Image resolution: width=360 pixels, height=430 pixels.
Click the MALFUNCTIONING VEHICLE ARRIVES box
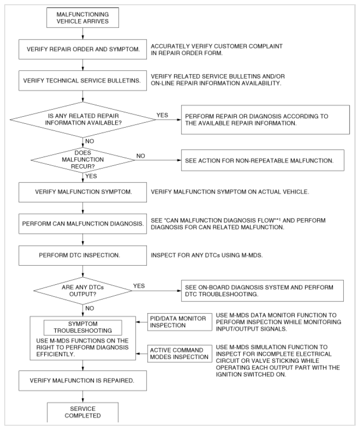point(82,18)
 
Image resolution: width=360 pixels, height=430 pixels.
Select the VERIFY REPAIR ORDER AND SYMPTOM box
point(82,50)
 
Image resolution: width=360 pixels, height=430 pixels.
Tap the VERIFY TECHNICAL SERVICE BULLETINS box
point(82,80)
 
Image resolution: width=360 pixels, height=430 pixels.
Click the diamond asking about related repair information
point(83,120)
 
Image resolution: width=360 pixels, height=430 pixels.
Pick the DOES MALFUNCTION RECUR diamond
point(83,160)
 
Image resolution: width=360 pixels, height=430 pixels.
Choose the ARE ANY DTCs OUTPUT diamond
point(82,290)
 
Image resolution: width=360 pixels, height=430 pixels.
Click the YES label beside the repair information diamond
point(162,115)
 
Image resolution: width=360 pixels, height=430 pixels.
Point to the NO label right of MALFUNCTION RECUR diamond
point(140,156)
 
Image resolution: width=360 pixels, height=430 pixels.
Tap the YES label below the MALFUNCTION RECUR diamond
point(91,176)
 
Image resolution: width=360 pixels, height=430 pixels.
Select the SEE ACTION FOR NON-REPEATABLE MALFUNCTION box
point(263,160)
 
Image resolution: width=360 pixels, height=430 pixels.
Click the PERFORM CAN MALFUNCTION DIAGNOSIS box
point(82,224)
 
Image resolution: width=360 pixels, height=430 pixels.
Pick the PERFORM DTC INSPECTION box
point(82,255)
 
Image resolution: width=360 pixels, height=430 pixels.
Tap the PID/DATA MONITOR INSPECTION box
point(180,322)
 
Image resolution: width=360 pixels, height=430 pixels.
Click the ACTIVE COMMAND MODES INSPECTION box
point(180,353)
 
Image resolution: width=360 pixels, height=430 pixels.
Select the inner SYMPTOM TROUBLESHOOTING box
point(83,328)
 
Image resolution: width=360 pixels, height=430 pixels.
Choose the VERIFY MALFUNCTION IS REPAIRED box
point(82,380)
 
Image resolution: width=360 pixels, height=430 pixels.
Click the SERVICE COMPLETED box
point(83,412)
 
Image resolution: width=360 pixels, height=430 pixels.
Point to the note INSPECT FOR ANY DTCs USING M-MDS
point(207,255)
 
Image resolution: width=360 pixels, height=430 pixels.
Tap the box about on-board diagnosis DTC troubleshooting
point(262,290)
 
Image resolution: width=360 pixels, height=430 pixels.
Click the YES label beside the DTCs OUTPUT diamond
point(139,286)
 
